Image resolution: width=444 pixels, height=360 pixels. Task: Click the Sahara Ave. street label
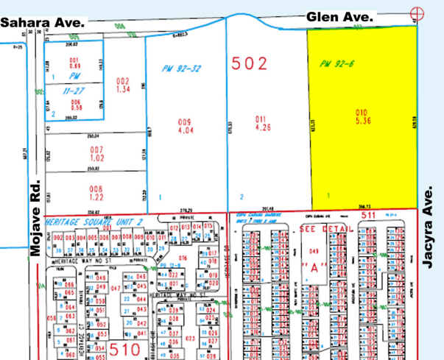point(43,23)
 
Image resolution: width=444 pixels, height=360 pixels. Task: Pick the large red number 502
point(250,63)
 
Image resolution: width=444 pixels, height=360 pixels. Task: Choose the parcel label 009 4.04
point(184,124)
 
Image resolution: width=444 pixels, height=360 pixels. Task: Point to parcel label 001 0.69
point(74,63)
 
